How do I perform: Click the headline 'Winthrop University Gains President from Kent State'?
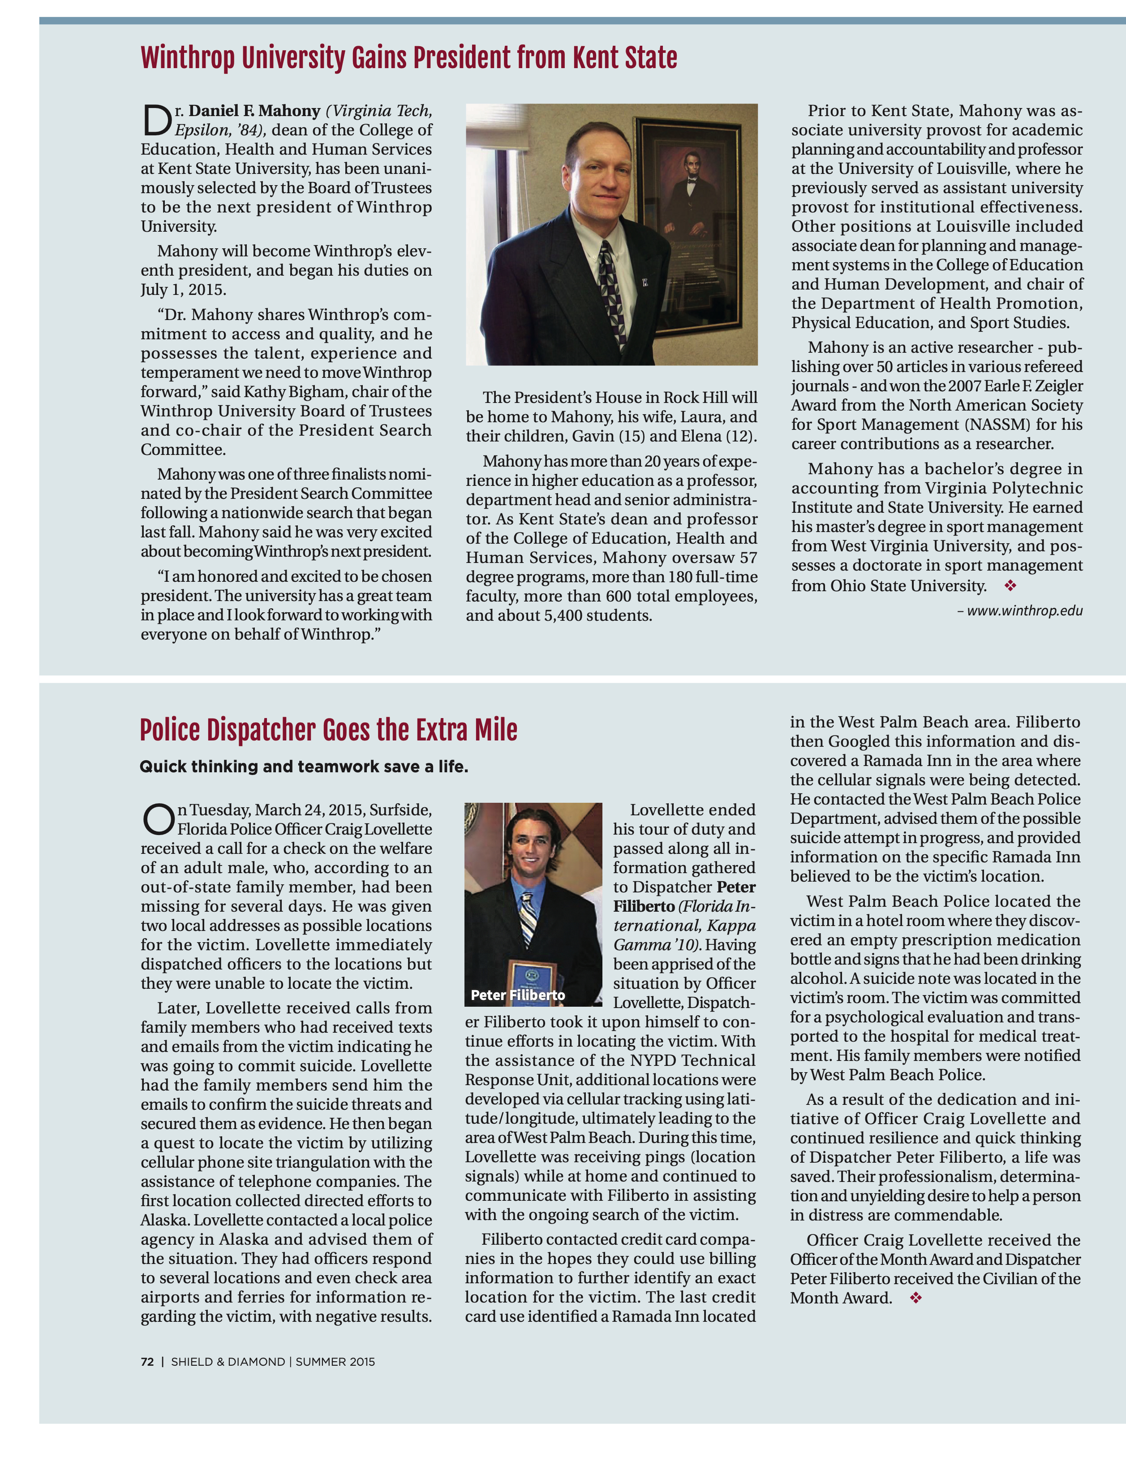tap(408, 58)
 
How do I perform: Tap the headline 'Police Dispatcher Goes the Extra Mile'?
tap(328, 730)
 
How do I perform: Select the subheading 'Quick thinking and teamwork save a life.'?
tap(303, 766)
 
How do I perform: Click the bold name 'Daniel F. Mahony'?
tap(254, 111)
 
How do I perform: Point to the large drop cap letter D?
tap(157, 121)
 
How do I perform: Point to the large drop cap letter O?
tap(158, 820)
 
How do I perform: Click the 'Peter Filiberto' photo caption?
tap(517, 995)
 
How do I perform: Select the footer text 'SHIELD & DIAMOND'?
tap(228, 1362)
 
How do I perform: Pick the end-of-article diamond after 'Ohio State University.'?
tap(1010, 586)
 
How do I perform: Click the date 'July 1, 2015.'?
tap(183, 290)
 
